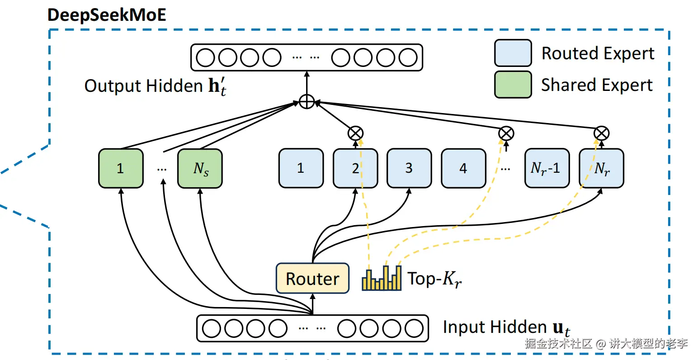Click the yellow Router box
pos(312,278)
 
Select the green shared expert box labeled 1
pos(121,168)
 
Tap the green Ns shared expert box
pos(200,168)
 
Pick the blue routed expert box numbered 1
pos(301,168)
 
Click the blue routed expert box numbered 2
pos(355,168)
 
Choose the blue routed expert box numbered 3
pos(409,168)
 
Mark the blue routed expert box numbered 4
pos(463,168)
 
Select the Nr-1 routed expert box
pos(547,168)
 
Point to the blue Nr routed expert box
pos(601,168)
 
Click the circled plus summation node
pos(307,102)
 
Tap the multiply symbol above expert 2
pos(355,133)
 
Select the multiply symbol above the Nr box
pos(601,133)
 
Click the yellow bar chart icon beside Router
pos(382,278)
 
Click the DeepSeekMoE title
pos(107,15)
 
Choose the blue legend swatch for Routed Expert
pos(513,53)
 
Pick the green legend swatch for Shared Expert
pos(513,85)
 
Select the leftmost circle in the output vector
pos(206,57)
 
